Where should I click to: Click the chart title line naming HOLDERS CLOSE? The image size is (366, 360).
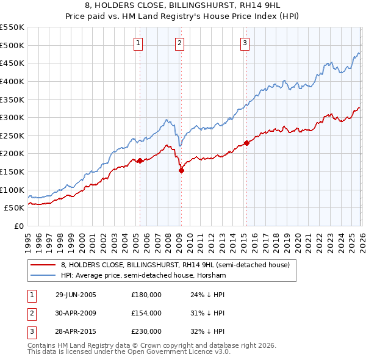[x=182, y=7]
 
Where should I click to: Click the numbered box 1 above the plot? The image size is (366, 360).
[x=139, y=43]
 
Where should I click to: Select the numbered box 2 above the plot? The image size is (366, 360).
[x=180, y=43]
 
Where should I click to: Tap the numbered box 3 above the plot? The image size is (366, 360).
[x=245, y=43]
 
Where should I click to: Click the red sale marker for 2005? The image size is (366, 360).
[x=140, y=161]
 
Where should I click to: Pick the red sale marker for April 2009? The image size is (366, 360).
[x=181, y=171]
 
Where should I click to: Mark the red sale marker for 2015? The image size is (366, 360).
[x=246, y=143]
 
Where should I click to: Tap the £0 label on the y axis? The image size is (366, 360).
[x=18, y=226]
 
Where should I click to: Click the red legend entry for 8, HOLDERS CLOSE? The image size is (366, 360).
[x=177, y=265]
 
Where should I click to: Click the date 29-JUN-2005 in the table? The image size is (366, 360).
[x=76, y=295]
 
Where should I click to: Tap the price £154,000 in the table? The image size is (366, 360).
[x=146, y=313]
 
